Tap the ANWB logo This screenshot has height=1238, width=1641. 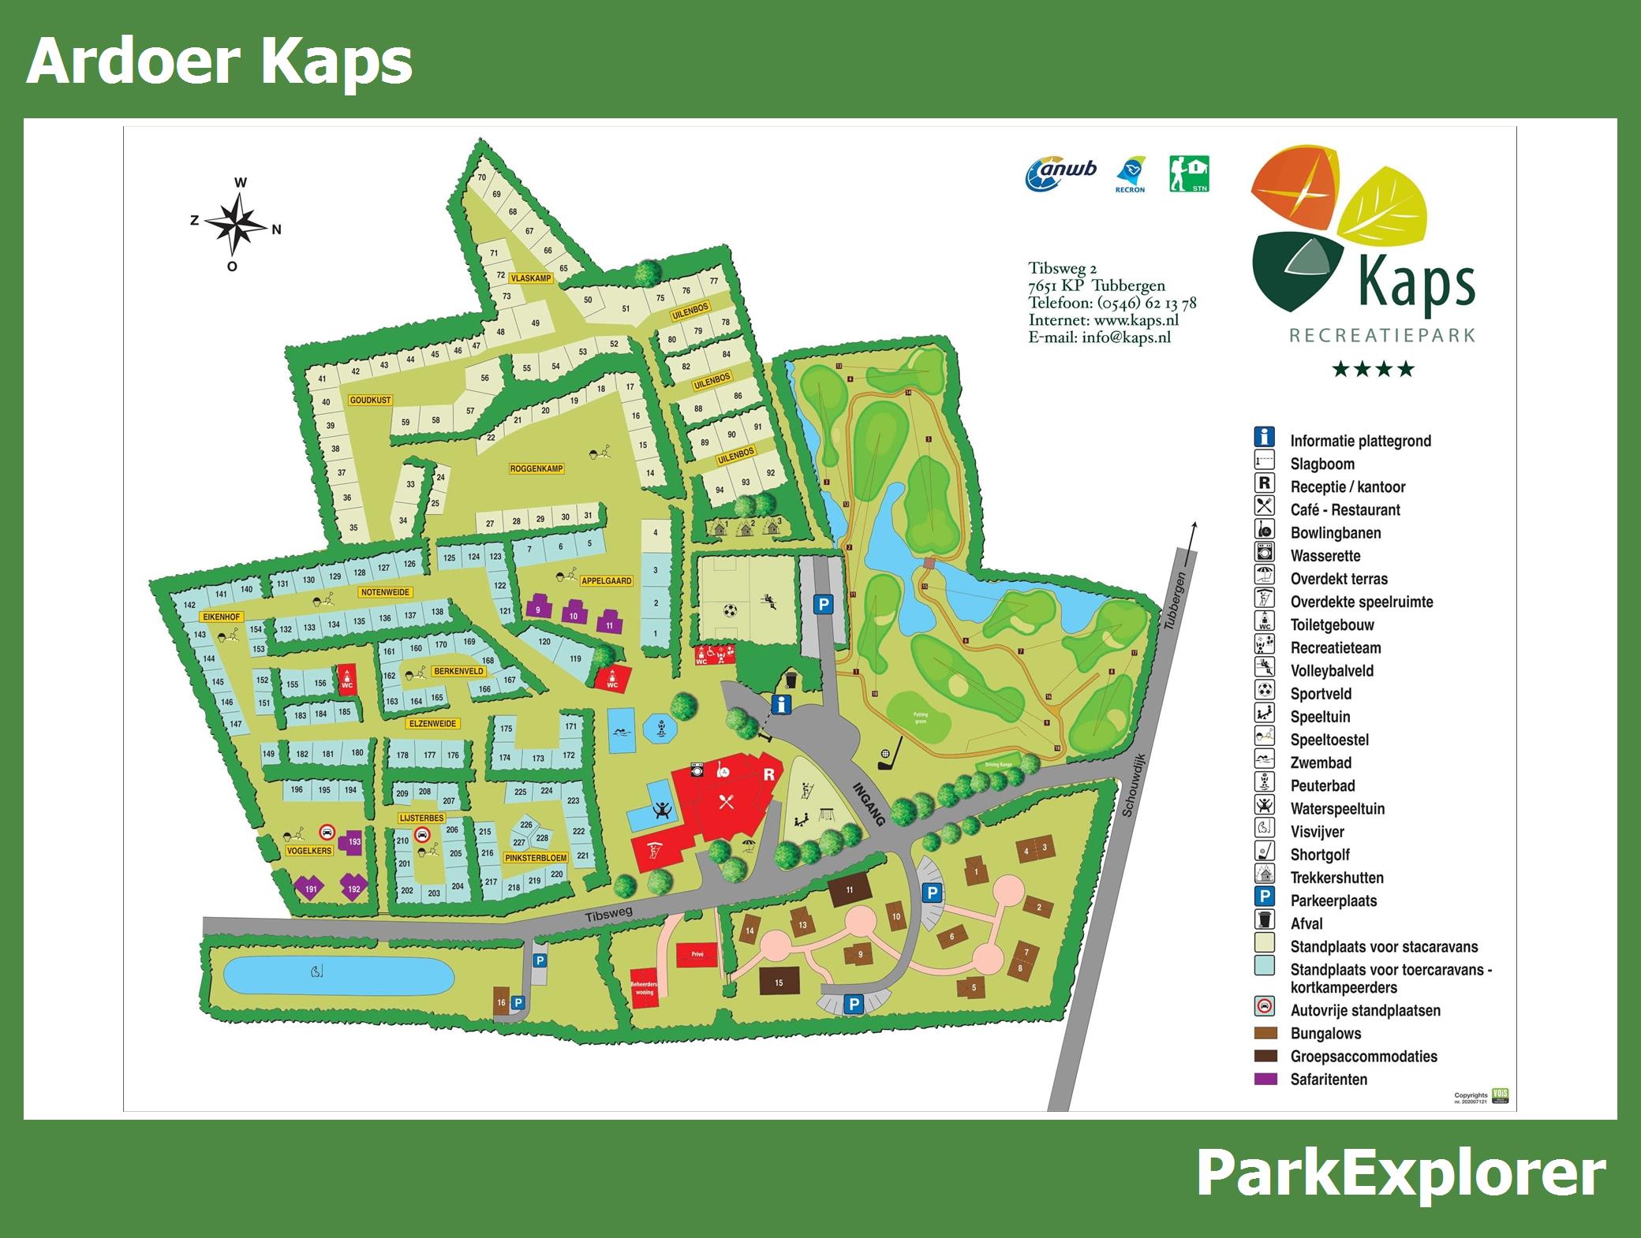point(1061,174)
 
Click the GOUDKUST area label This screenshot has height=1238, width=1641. point(370,400)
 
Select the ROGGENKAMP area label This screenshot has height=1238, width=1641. point(536,468)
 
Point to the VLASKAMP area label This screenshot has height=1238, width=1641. point(530,278)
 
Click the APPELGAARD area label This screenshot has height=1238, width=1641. point(607,580)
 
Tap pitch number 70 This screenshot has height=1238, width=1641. point(482,177)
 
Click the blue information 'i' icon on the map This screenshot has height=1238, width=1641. point(781,704)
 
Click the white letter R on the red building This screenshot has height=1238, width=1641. point(769,774)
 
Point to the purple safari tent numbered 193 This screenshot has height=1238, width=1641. point(352,841)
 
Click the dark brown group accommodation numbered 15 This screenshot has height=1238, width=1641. point(778,983)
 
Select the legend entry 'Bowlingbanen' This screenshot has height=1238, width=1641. point(1335,533)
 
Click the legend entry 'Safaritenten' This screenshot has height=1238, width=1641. point(1329,1080)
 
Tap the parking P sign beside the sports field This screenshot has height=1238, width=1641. point(823,605)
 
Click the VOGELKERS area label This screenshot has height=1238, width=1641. point(309,851)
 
